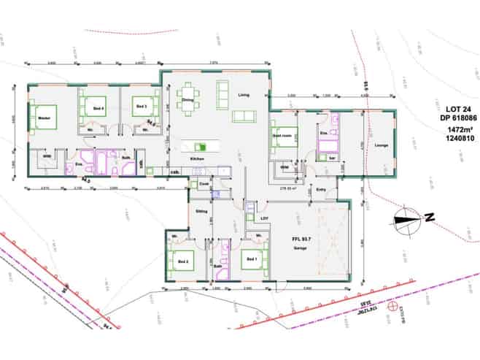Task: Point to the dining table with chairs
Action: (x=188, y=103)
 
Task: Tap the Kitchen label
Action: (x=196, y=158)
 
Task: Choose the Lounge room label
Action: (x=380, y=145)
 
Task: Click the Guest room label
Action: (x=282, y=136)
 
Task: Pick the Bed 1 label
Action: (x=252, y=260)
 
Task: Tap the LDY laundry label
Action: (x=265, y=218)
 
